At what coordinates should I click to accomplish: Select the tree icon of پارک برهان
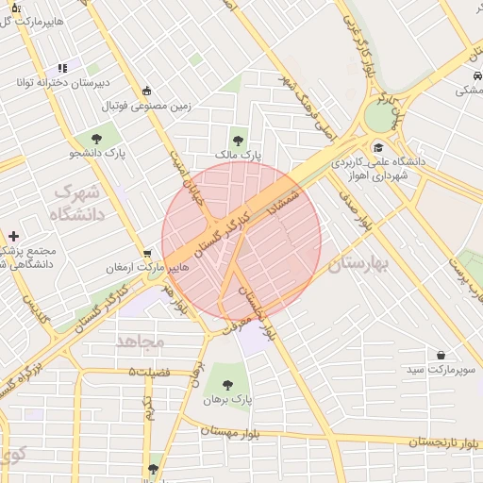pyautogui.click(x=227, y=384)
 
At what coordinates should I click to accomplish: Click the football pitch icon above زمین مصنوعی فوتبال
pyautogui.click(x=147, y=91)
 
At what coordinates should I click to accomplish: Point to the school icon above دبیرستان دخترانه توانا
pyautogui.click(x=62, y=68)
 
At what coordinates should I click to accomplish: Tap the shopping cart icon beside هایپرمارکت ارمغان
pyautogui.click(x=147, y=254)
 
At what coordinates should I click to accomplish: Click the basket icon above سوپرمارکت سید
pyautogui.click(x=441, y=356)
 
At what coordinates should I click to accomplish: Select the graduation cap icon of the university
pyautogui.click(x=378, y=147)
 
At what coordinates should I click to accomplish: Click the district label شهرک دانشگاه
pyautogui.click(x=76, y=203)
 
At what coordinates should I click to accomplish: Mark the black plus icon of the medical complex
pyautogui.click(x=13, y=236)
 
